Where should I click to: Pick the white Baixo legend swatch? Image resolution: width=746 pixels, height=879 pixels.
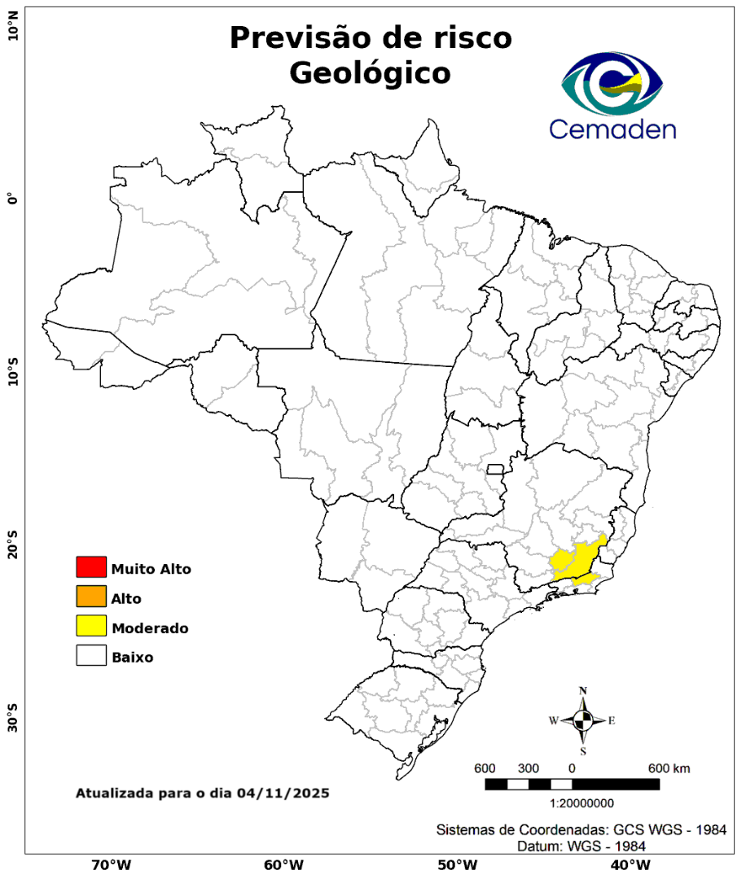tap(91, 656)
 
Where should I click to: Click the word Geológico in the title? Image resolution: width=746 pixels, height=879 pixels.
tap(370, 72)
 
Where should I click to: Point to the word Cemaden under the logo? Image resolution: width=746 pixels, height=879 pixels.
tap(612, 129)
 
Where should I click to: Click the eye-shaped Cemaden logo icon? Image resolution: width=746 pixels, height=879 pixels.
tap(612, 83)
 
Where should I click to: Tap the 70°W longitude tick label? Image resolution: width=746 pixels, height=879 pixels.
tap(112, 864)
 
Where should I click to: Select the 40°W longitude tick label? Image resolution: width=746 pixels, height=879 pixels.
tap(628, 864)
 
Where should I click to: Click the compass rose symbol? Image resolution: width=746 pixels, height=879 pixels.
tap(583, 720)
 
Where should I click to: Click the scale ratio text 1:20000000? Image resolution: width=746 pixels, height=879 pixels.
tap(582, 803)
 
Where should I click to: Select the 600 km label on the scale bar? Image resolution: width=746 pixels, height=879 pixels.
tap(669, 769)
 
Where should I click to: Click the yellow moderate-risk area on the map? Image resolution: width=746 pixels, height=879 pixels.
tap(574, 561)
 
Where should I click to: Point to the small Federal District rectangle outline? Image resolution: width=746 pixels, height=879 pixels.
tap(495, 469)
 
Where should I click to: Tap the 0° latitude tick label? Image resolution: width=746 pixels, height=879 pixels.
tap(13, 199)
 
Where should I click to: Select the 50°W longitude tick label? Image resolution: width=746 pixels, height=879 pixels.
tap(456, 864)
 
